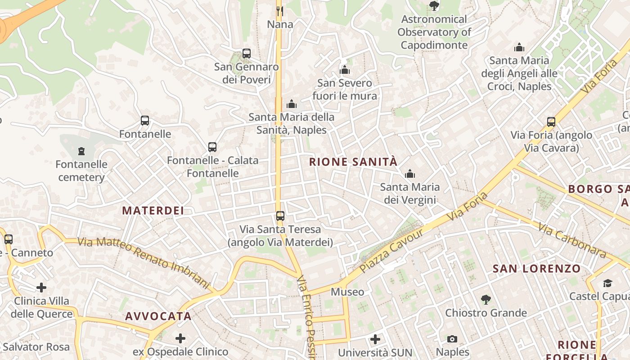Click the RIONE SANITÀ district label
[x=353, y=162]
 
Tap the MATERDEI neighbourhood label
[x=153, y=211]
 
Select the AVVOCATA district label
[x=158, y=316]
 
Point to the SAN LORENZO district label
[x=536, y=269]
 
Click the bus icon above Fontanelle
[x=144, y=121]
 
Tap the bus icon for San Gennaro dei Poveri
[x=246, y=54]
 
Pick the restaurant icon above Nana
[x=280, y=11]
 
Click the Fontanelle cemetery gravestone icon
[x=81, y=151]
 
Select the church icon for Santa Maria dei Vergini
[x=409, y=174]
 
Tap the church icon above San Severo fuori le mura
[x=345, y=70]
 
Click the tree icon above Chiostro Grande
[x=486, y=299]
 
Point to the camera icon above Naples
[x=452, y=339]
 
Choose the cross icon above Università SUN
[x=375, y=339]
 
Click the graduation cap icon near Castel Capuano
[x=607, y=283]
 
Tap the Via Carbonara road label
[x=572, y=241]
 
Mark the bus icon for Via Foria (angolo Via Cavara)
[x=551, y=121]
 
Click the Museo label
[x=347, y=292]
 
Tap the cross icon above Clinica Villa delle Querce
[x=41, y=287]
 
